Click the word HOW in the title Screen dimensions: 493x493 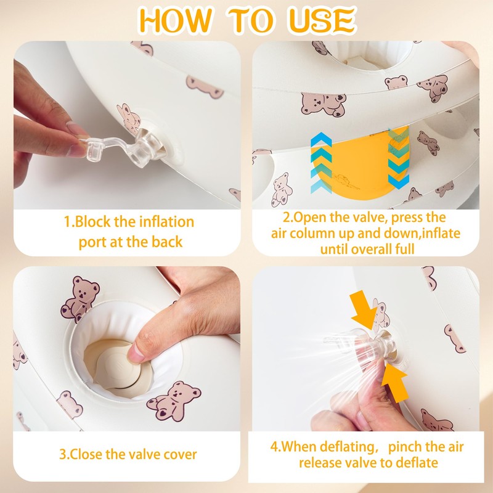click(175, 20)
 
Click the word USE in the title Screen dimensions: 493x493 click(322, 20)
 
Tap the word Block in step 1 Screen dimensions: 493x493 click(93, 222)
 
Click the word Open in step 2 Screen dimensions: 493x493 click(309, 218)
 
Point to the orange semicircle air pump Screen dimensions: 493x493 click(360, 163)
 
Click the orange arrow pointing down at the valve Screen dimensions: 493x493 click(364, 309)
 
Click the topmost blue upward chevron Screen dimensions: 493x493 click(321, 139)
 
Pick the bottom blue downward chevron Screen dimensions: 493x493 click(398, 182)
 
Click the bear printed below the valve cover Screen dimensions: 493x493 click(174, 401)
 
